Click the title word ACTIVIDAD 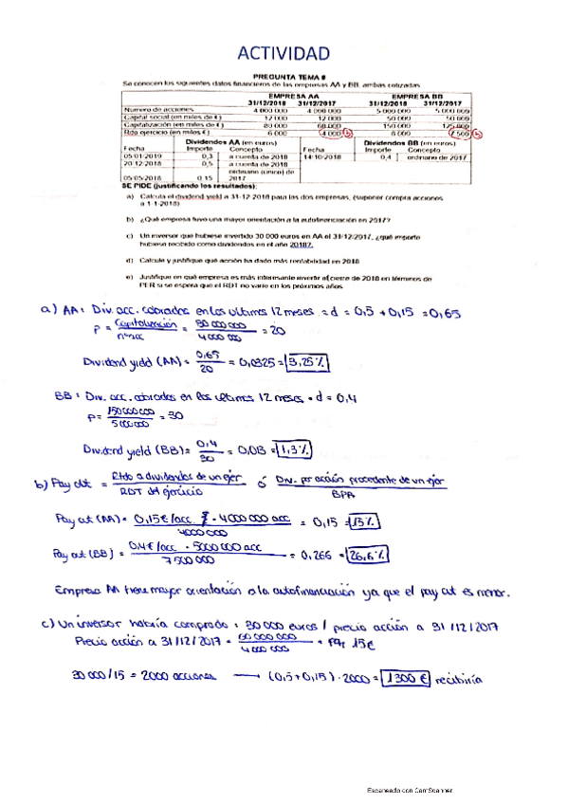(284, 52)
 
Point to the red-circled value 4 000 (331, 133)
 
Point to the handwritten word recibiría (462, 679)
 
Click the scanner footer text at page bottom (410, 790)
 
